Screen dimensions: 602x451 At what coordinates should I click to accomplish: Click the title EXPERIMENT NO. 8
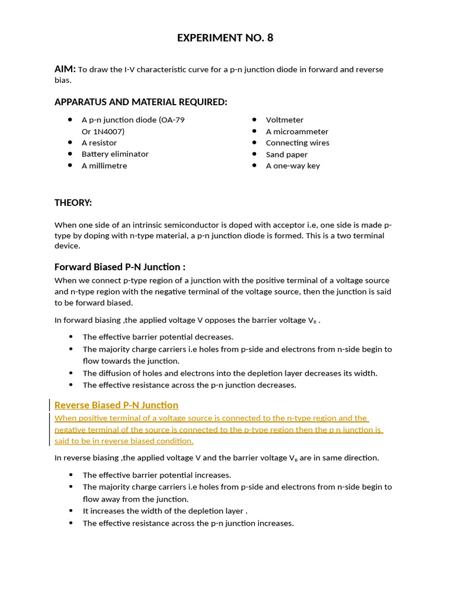pyautogui.click(x=225, y=38)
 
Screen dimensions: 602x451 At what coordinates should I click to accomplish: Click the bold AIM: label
pyautogui.click(x=65, y=69)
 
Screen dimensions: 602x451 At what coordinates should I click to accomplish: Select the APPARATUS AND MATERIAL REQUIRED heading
pyautogui.click(x=140, y=102)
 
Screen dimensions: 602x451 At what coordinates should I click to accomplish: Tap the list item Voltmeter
pyautogui.click(x=284, y=120)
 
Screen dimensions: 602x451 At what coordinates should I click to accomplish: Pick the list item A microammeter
pyautogui.click(x=297, y=132)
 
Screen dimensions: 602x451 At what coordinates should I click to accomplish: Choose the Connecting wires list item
pyautogui.click(x=297, y=143)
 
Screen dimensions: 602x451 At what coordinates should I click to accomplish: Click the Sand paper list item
pyautogui.click(x=287, y=155)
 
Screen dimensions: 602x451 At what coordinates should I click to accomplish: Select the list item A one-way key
pyautogui.click(x=292, y=166)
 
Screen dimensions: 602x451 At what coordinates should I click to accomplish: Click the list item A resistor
pyautogui.click(x=99, y=143)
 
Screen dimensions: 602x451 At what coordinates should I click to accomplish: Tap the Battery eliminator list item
pyautogui.click(x=115, y=154)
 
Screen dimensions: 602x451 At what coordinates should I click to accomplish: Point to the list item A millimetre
pyautogui.click(x=104, y=166)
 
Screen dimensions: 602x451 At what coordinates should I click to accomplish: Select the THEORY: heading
pyautogui.click(x=73, y=203)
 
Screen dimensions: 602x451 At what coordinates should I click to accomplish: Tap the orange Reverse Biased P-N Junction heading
pyautogui.click(x=116, y=405)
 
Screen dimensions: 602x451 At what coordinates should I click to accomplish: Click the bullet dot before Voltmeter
pyautogui.click(x=254, y=120)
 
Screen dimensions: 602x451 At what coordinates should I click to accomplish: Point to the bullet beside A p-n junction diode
pyautogui.click(x=70, y=120)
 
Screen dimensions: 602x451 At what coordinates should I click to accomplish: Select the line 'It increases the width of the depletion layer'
pyautogui.click(x=165, y=511)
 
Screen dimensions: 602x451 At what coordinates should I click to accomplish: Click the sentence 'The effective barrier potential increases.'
pyautogui.click(x=157, y=475)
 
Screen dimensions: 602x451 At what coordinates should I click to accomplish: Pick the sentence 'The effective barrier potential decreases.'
pyautogui.click(x=158, y=337)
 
